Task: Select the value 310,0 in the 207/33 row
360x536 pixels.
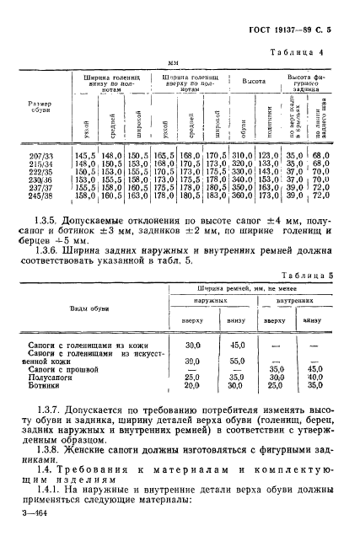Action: tap(242, 157)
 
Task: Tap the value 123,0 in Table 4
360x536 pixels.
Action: tap(268, 157)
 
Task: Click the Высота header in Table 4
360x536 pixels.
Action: tap(255, 84)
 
